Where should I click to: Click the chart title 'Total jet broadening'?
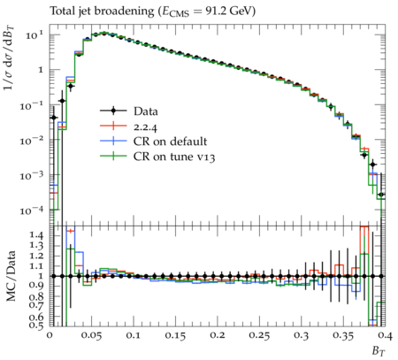[x=102, y=11]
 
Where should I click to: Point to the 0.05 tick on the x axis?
[x=92, y=335]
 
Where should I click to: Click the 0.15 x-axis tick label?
[x=175, y=335]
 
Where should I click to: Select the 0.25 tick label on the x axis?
[x=259, y=335]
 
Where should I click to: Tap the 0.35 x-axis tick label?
[x=343, y=335]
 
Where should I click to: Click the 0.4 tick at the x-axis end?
[x=386, y=335]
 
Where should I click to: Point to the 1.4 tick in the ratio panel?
[x=37, y=235]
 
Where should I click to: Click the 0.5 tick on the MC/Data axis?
[x=37, y=326]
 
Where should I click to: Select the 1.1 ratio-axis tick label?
[x=37, y=266]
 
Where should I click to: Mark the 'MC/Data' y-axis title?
[x=11, y=276]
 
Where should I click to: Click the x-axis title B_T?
[x=379, y=350]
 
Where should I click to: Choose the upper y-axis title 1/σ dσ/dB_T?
[x=10, y=59]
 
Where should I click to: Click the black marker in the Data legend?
[x=113, y=111]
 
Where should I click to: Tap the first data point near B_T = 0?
[x=54, y=118]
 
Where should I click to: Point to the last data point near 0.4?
[x=381, y=195]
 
